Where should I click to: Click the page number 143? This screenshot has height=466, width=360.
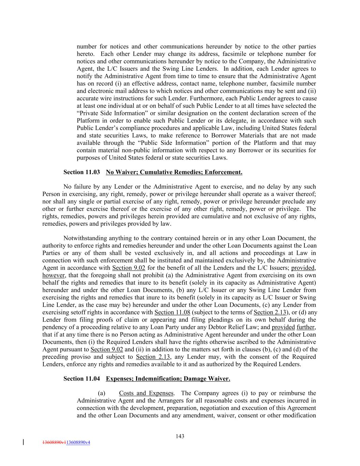pyautogui.click(x=180, y=436)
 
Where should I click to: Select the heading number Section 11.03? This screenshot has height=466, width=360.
pyautogui.click(x=82, y=172)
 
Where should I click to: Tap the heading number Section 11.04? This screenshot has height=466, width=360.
pyautogui.click(x=82, y=379)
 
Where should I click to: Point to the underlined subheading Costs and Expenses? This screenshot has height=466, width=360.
pyautogui.click(x=146, y=393)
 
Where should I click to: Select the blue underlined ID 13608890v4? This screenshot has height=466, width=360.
pyautogui.click(x=78, y=442)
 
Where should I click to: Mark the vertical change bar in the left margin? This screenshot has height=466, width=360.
pyautogui.click(x=23, y=442)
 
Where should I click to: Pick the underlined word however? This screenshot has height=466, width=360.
pyautogui.click(x=53, y=276)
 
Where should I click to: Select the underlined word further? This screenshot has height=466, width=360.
pyautogui.click(x=305, y=327)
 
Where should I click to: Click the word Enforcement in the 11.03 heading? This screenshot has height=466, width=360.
pyautogui.click(x=223, y=172)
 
